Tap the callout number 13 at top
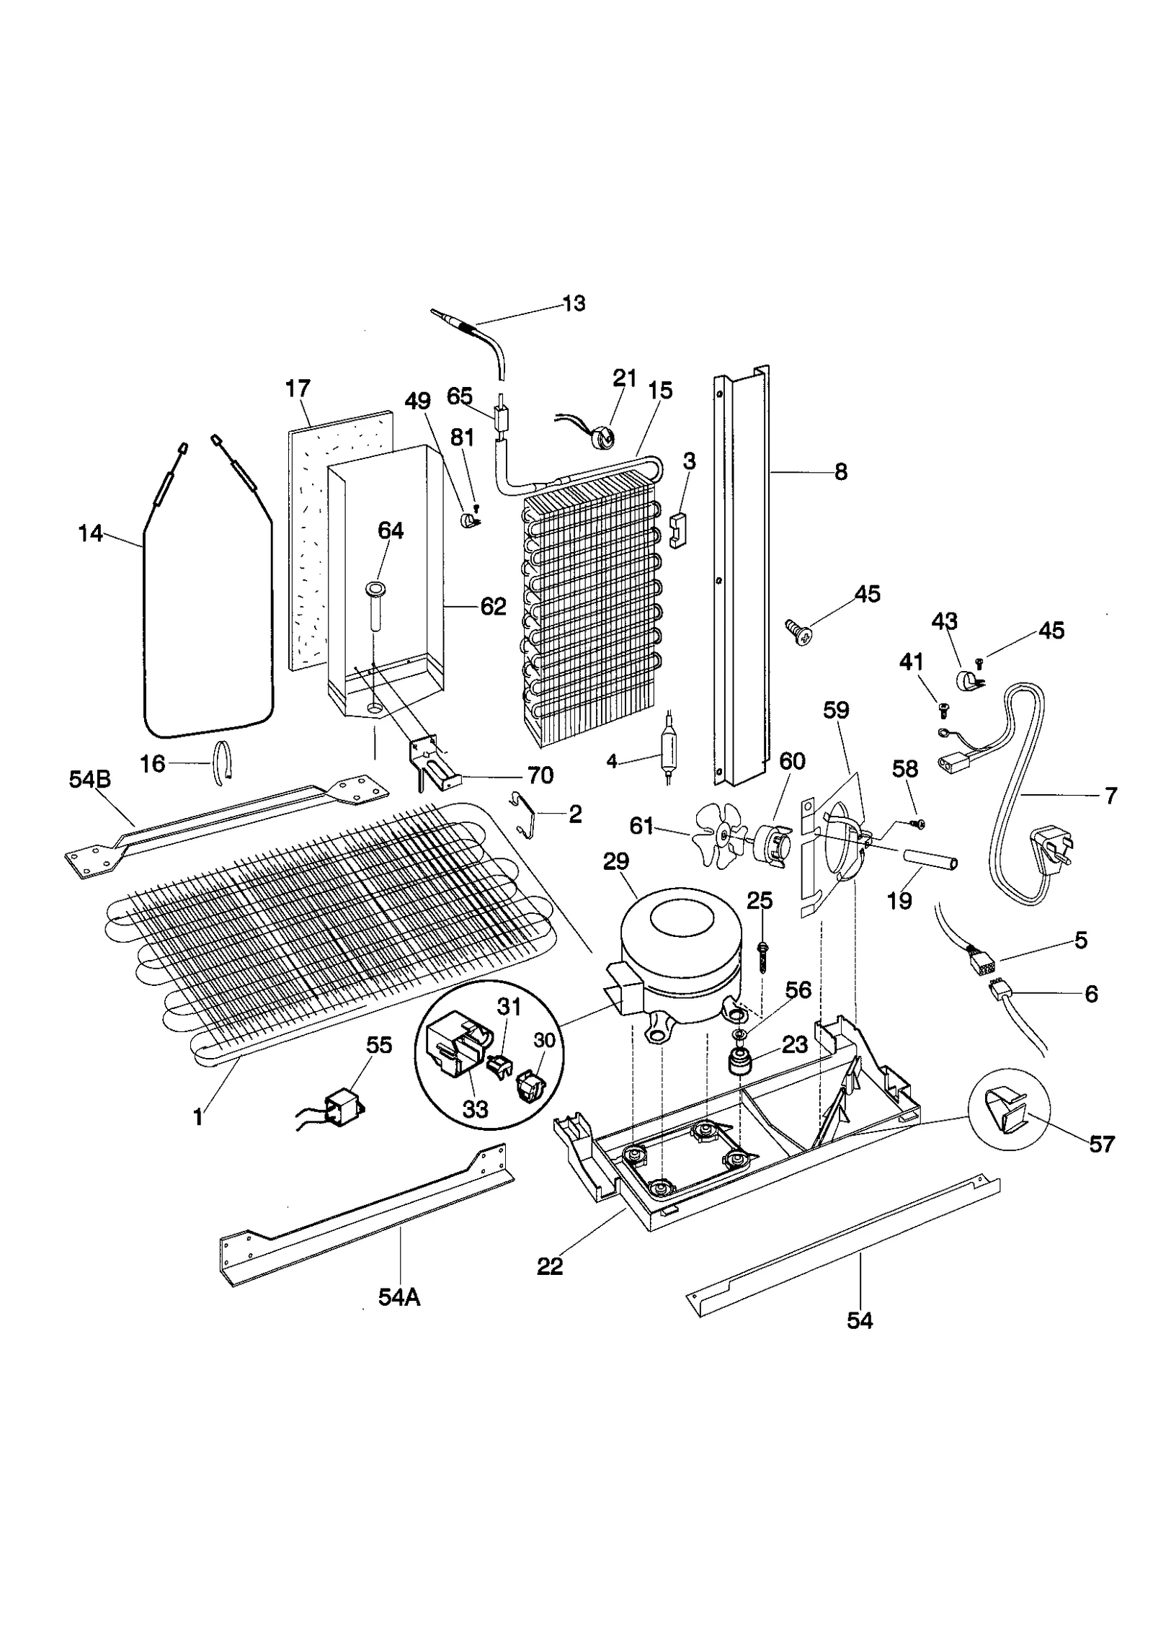pos(574,303)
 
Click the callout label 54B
pos(89,780)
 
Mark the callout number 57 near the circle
pos(1101,1144)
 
